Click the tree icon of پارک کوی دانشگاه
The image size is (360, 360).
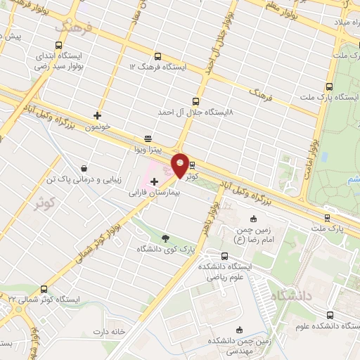pos(166,238)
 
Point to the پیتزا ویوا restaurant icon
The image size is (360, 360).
pos(148,139)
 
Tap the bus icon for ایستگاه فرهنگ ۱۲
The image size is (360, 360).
pos(157,56)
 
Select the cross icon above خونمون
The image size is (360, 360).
pos(97,115)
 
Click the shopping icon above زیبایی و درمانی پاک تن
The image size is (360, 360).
pos(84,169)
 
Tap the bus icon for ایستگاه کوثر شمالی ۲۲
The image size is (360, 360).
pos(44,288)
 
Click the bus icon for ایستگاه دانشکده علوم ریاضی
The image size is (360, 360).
pos(224,256)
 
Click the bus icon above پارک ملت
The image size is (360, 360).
pos(327,218)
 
